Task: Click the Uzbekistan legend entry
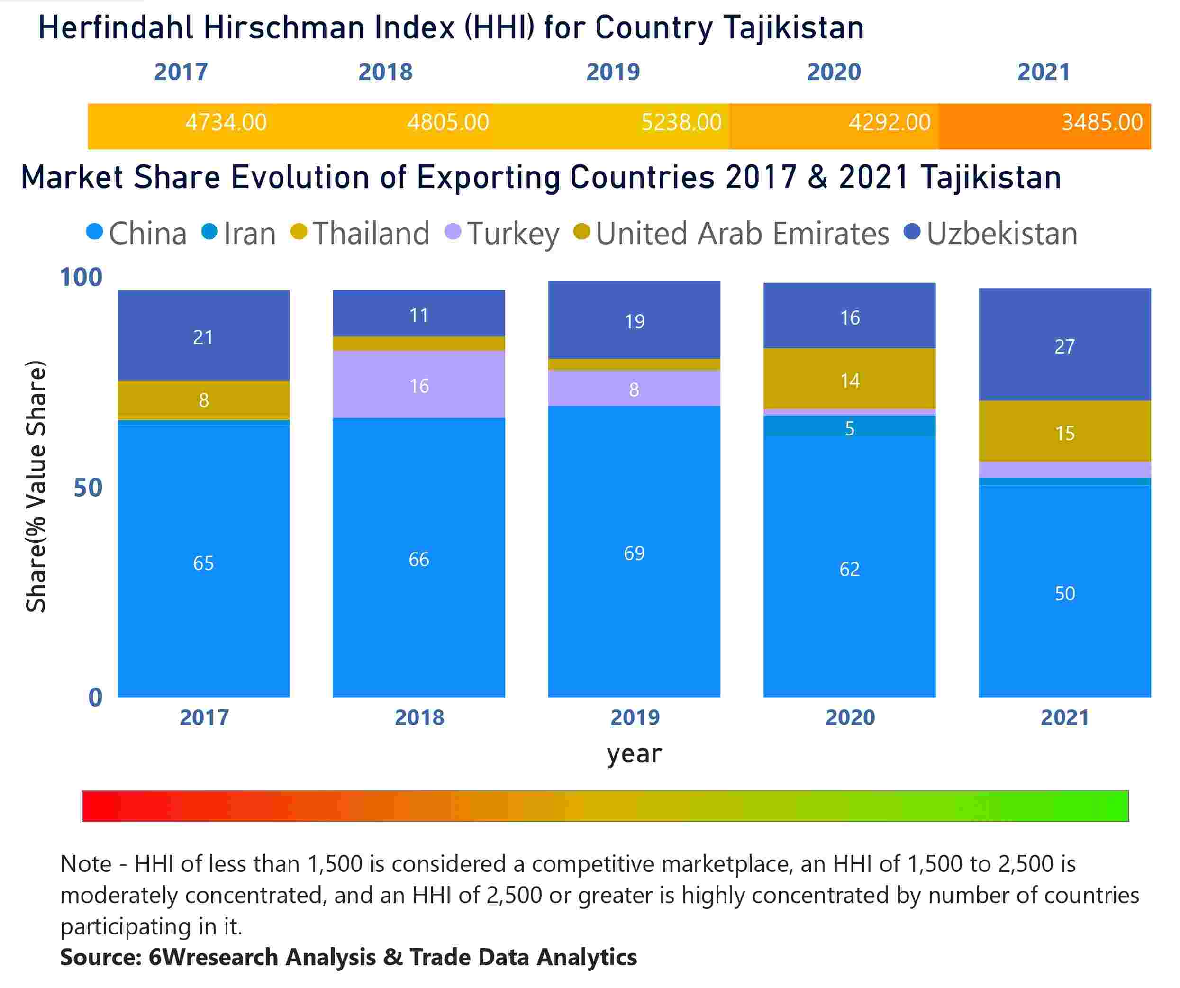(991, 233)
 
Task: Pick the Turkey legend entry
(503, 233)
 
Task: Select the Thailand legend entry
(361, 233)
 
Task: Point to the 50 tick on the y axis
(88, 488)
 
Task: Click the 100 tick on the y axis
(82, 277)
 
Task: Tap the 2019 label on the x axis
(635, 718)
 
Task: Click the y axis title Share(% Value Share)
(36, 486)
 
